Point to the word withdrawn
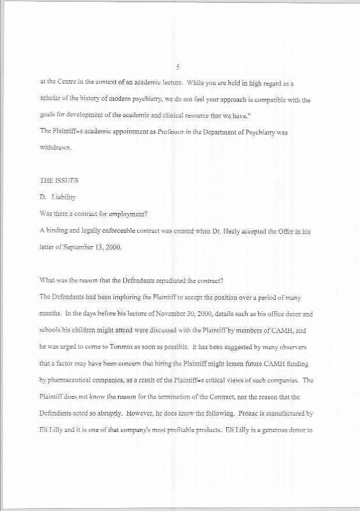(x=55, y=148)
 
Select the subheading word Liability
(x=63, y=198)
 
